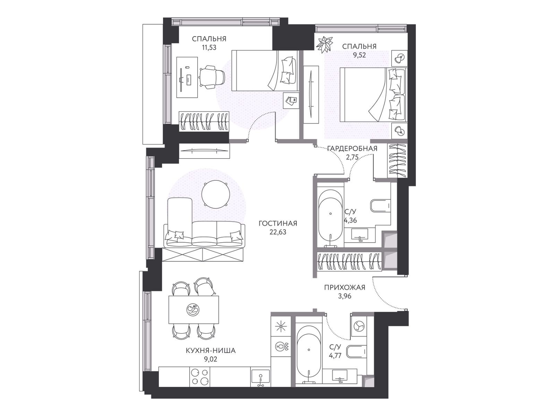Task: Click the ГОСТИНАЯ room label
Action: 277,223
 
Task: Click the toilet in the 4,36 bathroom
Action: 381,206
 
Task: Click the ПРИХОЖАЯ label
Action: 345,287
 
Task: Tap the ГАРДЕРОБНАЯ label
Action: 352,148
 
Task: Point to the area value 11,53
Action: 209,47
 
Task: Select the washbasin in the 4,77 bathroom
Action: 340,378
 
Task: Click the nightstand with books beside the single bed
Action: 291,100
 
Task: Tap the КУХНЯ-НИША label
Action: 211,350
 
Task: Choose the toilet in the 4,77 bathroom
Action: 356,351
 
